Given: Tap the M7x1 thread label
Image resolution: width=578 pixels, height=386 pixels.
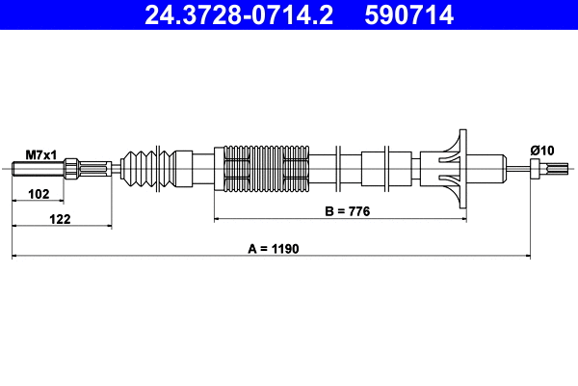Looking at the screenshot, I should point(41,154).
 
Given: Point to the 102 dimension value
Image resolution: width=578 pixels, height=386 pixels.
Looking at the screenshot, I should point(39,194).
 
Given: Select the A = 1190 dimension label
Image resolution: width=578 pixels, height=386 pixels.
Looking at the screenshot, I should point(274,248).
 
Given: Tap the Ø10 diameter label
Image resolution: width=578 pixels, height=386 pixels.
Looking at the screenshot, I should point(540,150).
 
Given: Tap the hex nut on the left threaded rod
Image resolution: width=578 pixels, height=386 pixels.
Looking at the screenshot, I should point(72,172).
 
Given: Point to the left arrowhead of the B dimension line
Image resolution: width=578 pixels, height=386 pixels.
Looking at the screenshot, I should point(218,219).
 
